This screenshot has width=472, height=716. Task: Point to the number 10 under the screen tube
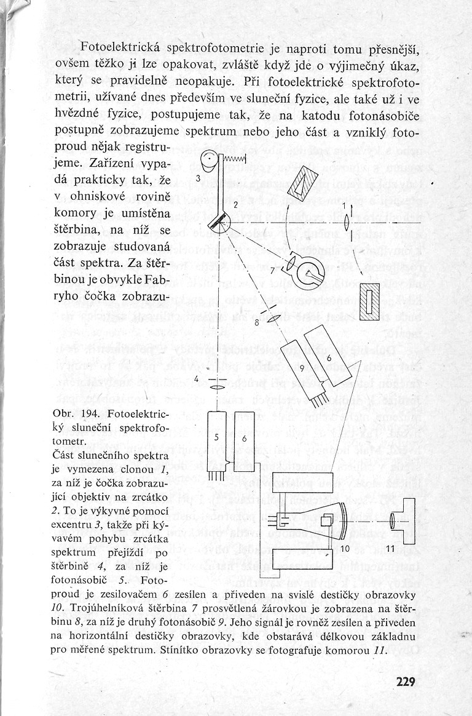point(345,547)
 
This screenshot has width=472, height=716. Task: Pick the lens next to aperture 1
point(348,221)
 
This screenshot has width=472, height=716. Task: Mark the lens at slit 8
point(275,318)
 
